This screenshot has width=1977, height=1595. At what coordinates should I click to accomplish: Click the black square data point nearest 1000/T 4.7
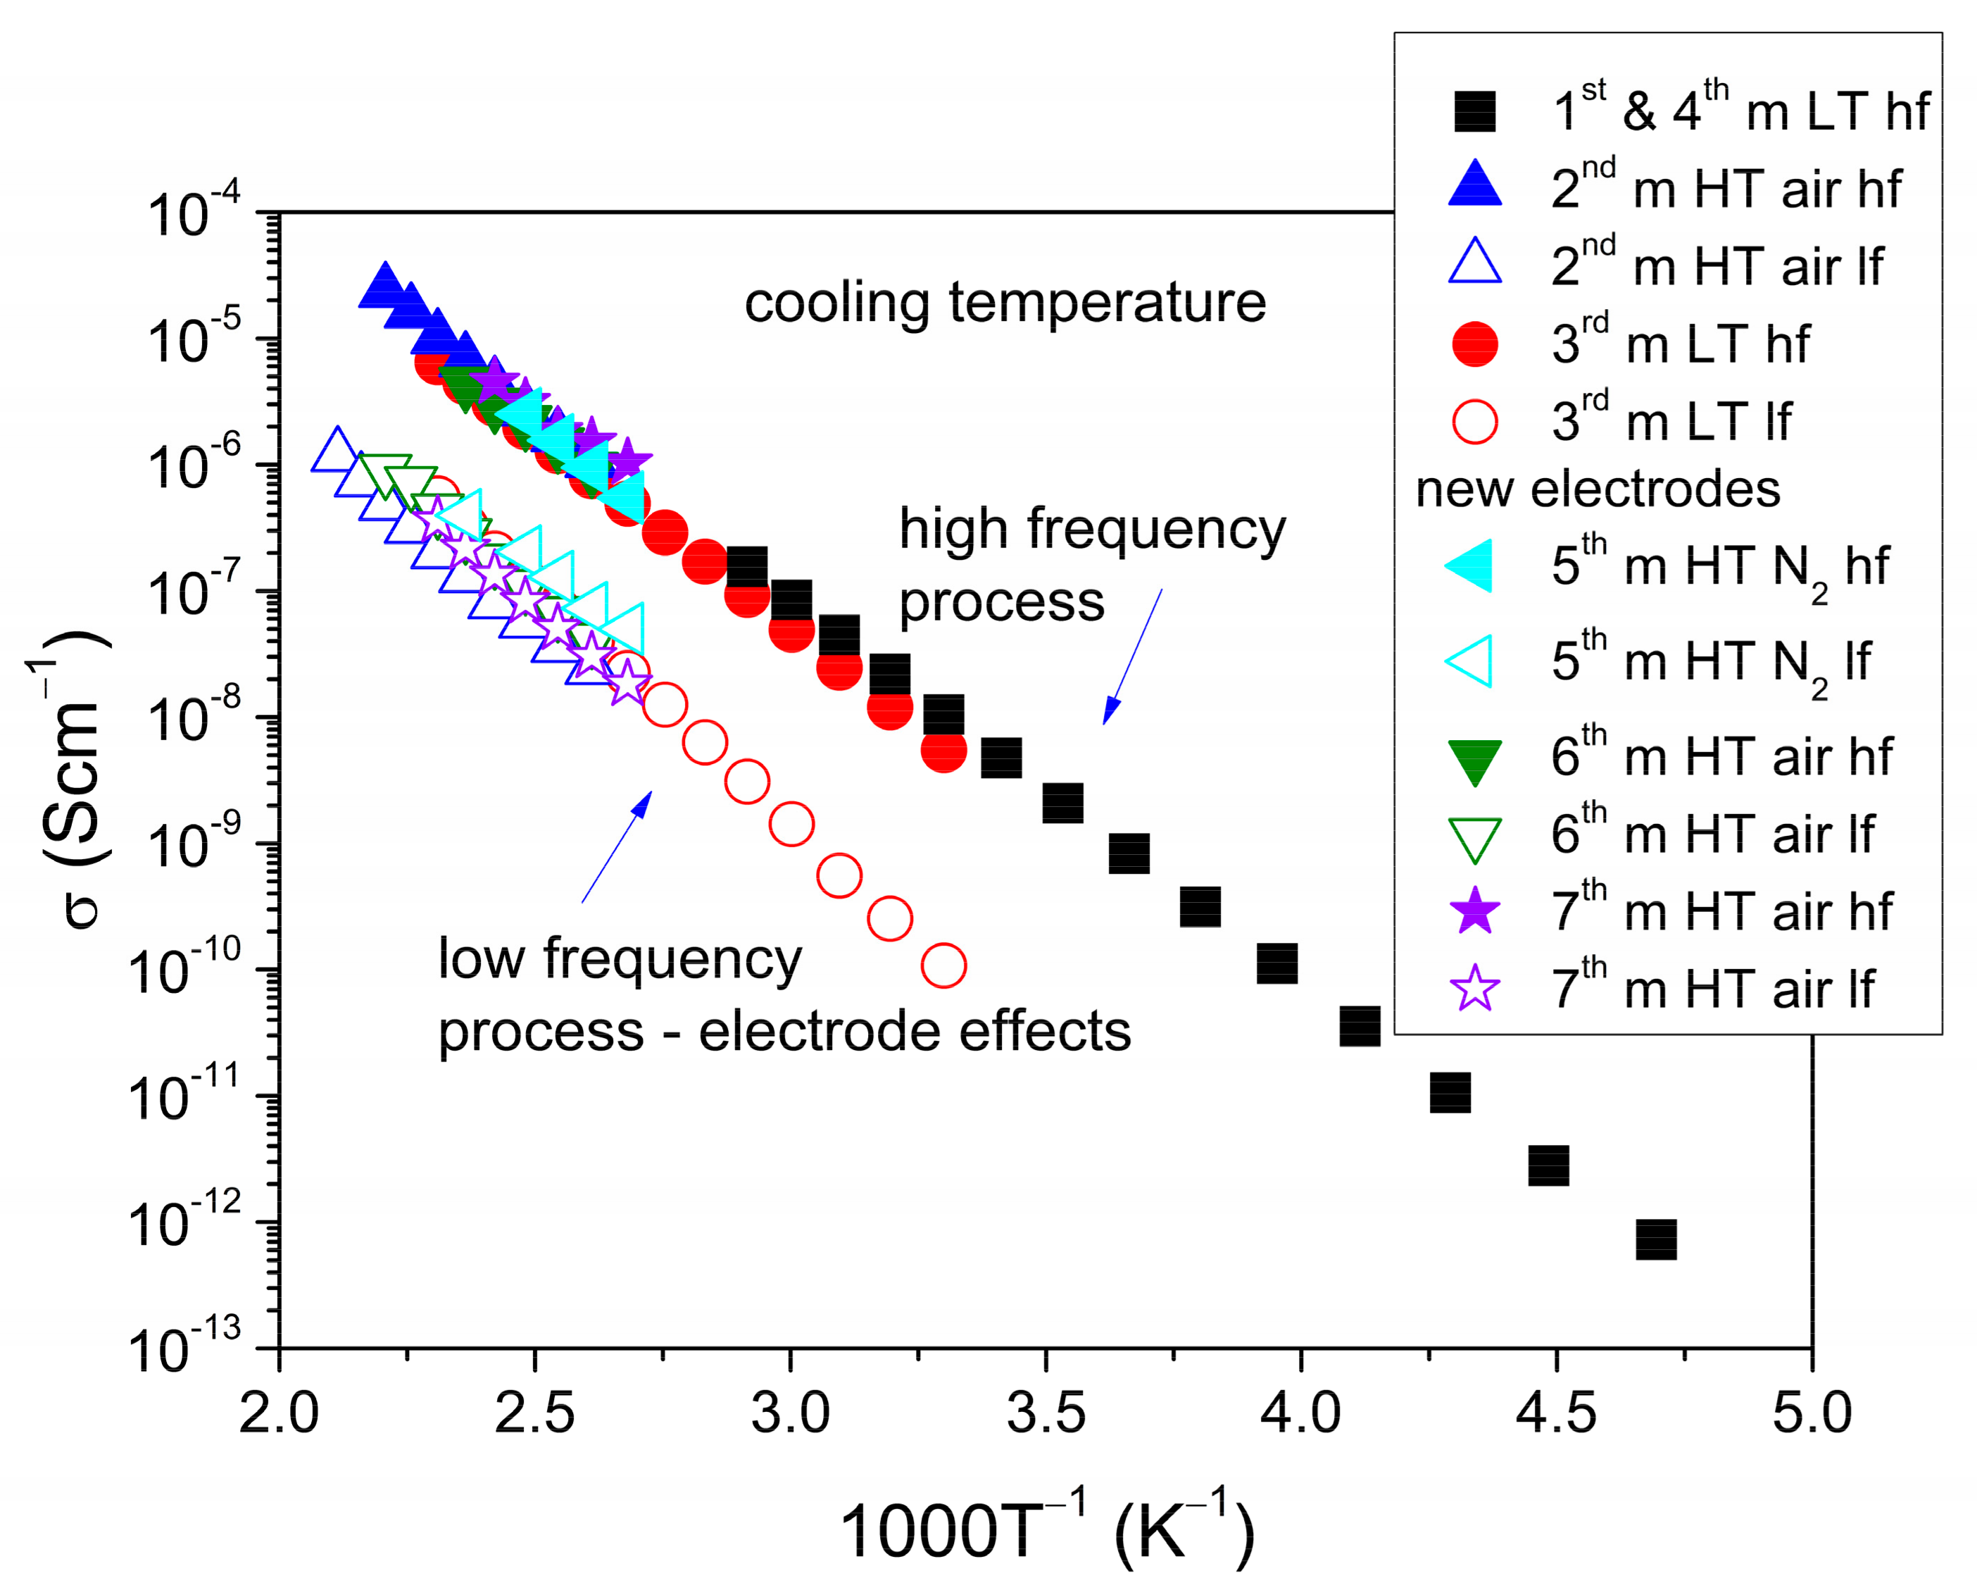click(1655, 1239)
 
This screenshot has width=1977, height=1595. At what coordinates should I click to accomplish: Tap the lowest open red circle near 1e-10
click(943, 965)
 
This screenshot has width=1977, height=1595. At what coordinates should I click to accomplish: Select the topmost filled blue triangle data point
click(384, 284)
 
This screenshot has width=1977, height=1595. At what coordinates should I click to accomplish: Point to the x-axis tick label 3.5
click(1046, 1413)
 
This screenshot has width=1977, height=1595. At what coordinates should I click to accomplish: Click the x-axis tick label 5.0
click(1811, 1413)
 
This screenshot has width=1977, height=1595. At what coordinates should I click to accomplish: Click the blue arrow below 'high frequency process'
click(1132, 656)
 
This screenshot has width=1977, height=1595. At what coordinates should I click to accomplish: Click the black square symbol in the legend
click(1474, 111)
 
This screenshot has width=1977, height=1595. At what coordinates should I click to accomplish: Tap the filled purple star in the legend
click(1474, 911)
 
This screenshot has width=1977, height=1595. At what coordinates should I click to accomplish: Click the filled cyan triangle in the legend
click(1471, 565)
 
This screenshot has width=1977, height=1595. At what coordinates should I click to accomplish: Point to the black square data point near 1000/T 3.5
click(1062, 803)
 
